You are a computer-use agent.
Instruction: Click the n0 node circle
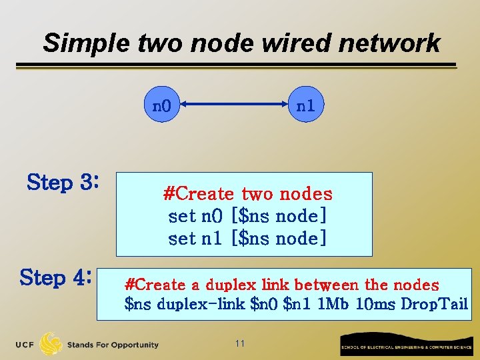tap(163, 105)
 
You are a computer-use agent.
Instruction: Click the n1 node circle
tap(306, 105)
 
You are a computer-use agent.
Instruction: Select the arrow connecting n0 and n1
tap(234, 105)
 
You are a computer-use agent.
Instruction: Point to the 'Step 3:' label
tap(63, 181)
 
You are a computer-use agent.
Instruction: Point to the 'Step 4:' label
tap(55, 277)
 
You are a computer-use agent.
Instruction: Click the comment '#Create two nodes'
tap(247, 194)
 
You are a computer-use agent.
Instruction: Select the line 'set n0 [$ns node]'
tap(247, 216)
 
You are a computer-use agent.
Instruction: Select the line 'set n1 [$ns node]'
tap(247, 238)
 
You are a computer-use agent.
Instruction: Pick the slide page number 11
tap(240, 343)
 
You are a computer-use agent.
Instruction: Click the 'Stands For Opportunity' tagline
tap(113, 345)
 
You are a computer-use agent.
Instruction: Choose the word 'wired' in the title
tap(297, 43)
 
